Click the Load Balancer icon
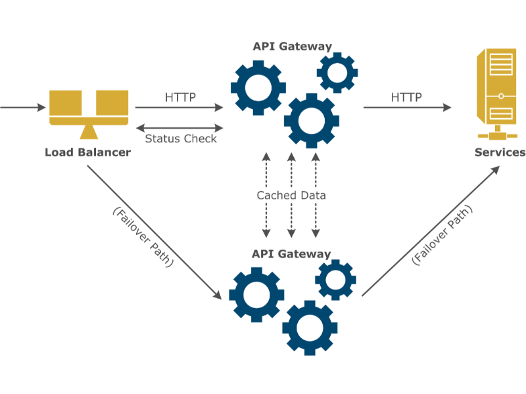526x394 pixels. click(x=88, y=114)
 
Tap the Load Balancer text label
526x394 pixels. click(x=87, y=152)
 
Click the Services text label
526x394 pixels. click(x=500, y=152)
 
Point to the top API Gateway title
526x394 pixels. click(x=292, y=47)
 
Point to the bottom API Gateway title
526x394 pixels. click(x=291, y=253)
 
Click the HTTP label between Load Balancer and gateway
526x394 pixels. click(x=180, y=97)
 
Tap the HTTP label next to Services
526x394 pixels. click(x=406, y=97)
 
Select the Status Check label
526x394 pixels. click(x=180, y=139)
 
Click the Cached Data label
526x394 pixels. click(x=291, y=195)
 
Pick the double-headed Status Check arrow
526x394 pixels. click(x=179, y=128)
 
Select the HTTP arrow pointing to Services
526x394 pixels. click(x=406, y=108)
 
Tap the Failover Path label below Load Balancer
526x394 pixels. click(x=143, y=237)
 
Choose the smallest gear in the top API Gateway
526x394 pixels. click(x=337, y=72)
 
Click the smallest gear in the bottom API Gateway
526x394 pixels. click(x=335, y=279)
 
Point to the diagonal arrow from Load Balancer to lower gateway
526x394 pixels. click(x=155, y=233)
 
